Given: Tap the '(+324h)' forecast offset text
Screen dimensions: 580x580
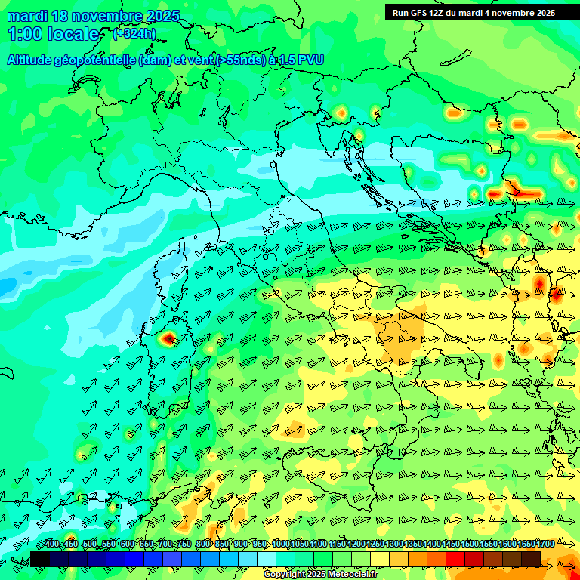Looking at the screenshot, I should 135,34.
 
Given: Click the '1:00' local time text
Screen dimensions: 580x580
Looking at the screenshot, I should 23,34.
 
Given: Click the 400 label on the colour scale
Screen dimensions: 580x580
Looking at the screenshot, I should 51,545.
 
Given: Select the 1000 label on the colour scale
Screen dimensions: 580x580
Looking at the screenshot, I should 280,545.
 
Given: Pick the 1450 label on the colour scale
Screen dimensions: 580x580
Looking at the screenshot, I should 451,545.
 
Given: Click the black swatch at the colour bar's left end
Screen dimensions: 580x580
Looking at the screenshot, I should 39,559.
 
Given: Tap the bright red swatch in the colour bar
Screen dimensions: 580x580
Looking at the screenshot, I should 455,559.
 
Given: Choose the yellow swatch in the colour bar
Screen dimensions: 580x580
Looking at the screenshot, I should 380,559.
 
